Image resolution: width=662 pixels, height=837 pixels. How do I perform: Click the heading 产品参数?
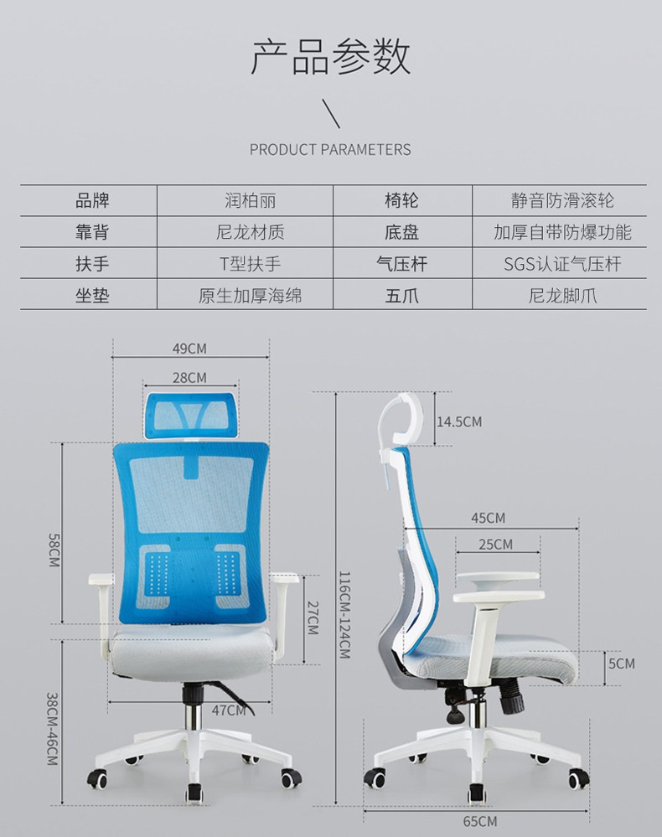331,58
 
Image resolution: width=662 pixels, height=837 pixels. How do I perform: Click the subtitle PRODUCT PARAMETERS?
330,150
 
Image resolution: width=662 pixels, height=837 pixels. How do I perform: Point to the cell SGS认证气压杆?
562,264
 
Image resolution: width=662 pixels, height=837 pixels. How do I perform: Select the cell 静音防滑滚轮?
562,201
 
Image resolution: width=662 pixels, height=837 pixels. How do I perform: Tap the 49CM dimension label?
189,349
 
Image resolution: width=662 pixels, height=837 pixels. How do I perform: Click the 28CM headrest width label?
189,378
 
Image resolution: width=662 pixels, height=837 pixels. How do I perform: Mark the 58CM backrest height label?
54,554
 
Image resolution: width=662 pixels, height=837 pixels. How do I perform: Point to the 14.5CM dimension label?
459,421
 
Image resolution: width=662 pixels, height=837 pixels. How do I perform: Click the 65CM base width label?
480,821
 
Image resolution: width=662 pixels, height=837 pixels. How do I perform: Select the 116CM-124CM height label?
344,614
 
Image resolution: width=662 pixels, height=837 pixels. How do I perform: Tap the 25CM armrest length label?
496,545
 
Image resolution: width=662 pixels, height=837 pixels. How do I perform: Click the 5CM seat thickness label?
621,664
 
